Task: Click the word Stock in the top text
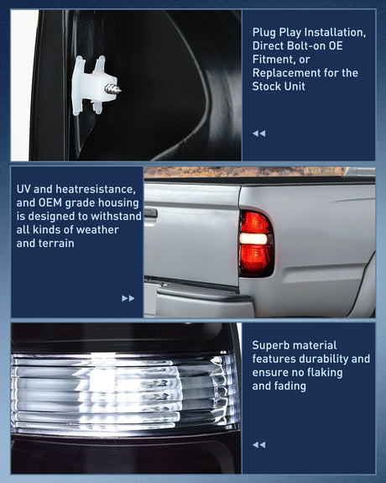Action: pos(269,86)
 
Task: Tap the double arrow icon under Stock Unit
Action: pos(259,133)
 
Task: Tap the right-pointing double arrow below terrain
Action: pos(128,297)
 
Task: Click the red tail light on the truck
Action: pos(255,244)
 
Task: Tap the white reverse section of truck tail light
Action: pos(254,239)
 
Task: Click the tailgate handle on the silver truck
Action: pos(150,213)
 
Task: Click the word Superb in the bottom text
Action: pos(273,345)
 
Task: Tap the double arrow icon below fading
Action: pos(259,444)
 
